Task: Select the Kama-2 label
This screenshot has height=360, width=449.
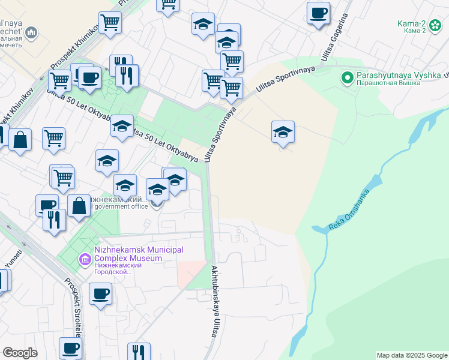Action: (411, 24)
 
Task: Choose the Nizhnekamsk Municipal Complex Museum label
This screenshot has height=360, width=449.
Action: (138, 254)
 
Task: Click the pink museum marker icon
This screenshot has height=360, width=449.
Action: (85, 259)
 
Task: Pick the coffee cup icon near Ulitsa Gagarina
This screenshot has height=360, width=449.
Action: (318, 12)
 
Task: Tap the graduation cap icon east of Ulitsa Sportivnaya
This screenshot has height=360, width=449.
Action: (283, 131)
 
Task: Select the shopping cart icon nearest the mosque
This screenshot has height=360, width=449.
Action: (110, 23)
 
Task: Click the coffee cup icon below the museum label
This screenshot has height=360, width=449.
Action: (100, 293)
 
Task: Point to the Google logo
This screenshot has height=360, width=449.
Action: (20, 353)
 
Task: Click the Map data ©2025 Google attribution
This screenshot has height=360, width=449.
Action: (412, 355)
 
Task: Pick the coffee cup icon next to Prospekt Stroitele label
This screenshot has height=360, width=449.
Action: (70, 348)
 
